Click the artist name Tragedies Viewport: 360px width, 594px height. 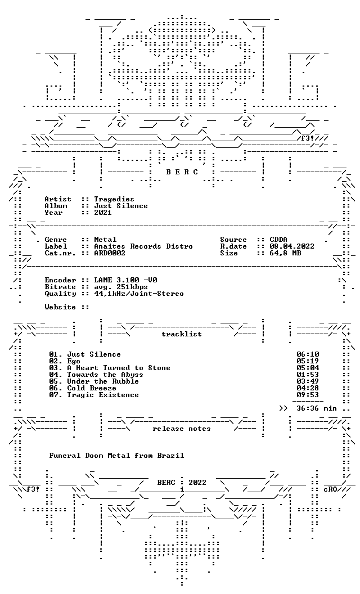pyautogui.click(x=114, y=199)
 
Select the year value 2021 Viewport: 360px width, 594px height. pyautogui.click(x=103, y=213)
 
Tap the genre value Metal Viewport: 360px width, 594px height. pyautogui.click(x=105, y=240)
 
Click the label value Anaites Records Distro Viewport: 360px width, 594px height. pyautogui.click(x=143, y=246)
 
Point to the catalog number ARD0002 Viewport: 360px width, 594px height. pyautogui.click(x=110, y=253)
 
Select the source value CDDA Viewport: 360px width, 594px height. pyautogui.click(x=278, y=240)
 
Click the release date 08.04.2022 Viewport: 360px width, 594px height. pyautogui.click(x=292, y=246)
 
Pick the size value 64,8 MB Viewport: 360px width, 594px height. pyautogui.click(x=285, y=253)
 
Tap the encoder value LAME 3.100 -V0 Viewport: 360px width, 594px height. pyautogui.click(x=126, y=280)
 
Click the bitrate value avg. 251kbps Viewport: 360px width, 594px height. pyautogui.click(x=121, y=287)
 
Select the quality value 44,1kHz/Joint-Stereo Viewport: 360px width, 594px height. pyautogui.click(x=139, y=294)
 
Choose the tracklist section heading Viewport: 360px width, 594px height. pyautogui.click(x=182, y=334)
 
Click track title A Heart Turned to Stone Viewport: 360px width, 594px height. pyautogui.click(x=119, y=368)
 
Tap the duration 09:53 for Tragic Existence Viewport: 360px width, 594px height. pyautogui.click(x=308, y=395)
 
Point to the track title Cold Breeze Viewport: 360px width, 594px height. pyautogui.click(x=92, y=388)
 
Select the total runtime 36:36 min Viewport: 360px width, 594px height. pyautogui.click(x=317, y=408)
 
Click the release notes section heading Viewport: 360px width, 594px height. pyautogui.click(x=182, y=429)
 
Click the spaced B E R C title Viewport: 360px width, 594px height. pyautogui.click(x=182, y=172)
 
